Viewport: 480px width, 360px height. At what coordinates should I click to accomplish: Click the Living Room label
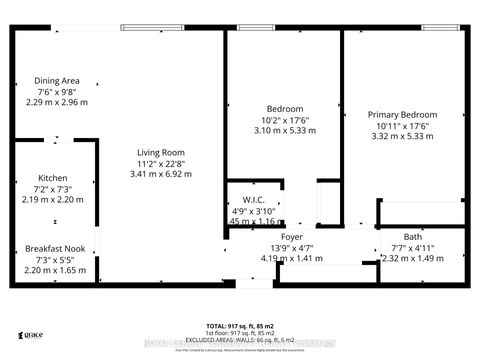pos(163,152)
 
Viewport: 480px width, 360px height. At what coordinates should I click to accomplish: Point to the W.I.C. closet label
pos(253,201)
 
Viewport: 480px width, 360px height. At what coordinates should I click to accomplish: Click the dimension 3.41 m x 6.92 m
pos(163,174)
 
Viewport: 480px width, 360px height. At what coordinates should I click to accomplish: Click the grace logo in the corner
pos(32,337)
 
